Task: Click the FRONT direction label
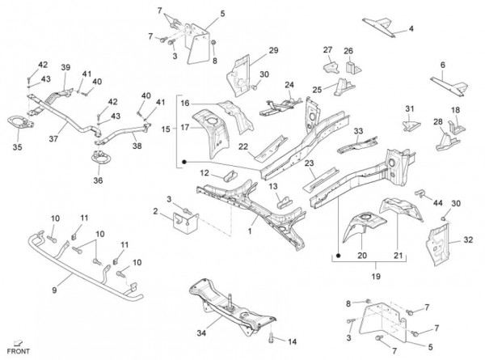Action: (18, 353)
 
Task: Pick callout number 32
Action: (468, 239)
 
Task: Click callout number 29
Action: (273, 52)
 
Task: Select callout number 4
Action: (411, 28)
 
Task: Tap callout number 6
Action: (442, 65)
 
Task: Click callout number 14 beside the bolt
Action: (293, 341)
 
